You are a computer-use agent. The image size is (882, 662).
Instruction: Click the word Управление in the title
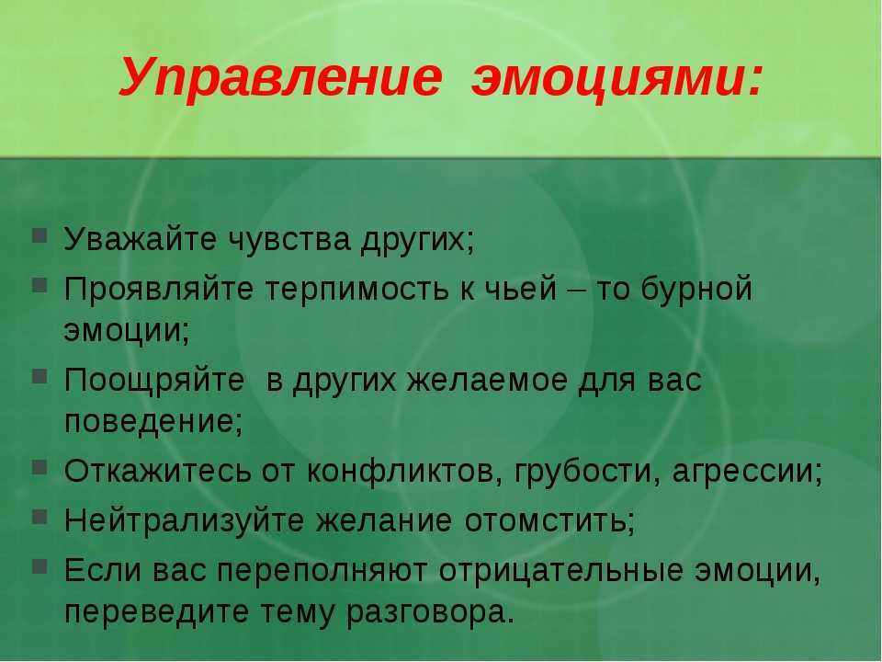(280, 78)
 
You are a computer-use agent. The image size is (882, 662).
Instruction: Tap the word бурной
(696, 290)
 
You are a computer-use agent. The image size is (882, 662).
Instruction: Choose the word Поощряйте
(154, 381)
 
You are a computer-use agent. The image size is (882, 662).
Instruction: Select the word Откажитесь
(157, 472)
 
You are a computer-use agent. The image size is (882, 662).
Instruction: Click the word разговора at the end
(426, 612)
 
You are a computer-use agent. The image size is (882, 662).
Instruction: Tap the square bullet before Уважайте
(40, 234)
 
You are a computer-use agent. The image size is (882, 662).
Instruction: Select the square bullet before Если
(40, 566)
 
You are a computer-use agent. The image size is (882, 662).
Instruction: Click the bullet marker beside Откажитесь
(40, 467)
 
